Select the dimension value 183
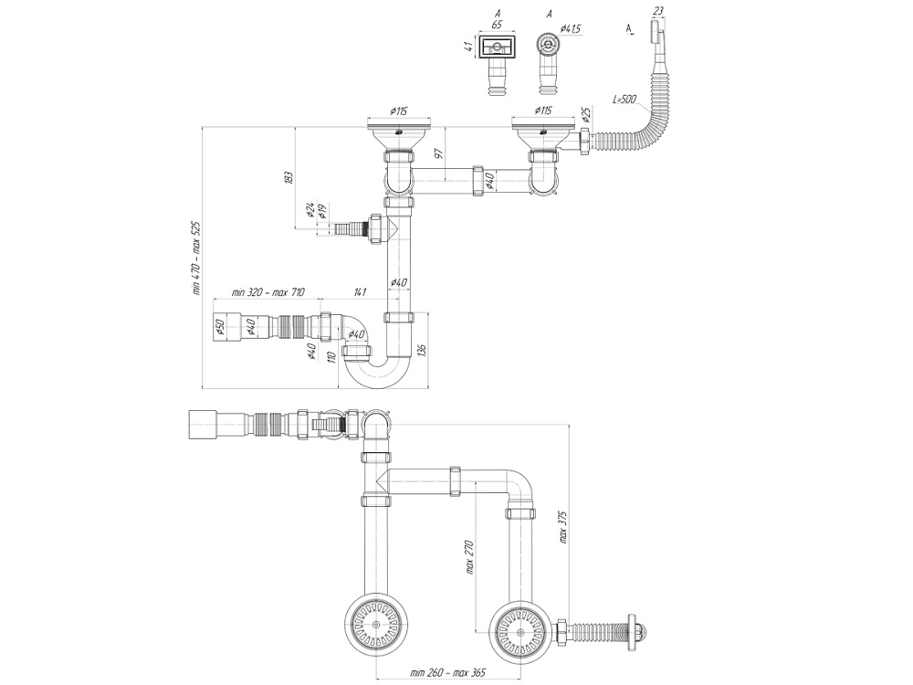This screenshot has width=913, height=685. (x=288, y=177)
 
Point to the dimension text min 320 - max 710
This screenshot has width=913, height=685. (x=268, y=292)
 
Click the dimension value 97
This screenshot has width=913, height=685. (x=438, y=152)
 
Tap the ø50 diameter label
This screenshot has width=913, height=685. (x=220, y=326)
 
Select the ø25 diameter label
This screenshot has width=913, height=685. (x=585, y=116)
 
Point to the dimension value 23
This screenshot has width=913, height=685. (x=658, y=12)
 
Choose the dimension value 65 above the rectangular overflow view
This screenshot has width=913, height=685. (x=497, y=26)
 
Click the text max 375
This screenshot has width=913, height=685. (x=563, y=528)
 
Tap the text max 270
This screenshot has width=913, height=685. (x=470, y=555)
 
